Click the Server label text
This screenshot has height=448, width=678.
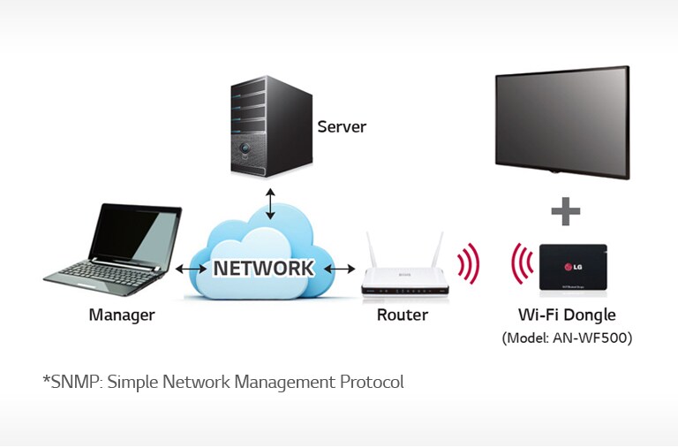pos(342,127)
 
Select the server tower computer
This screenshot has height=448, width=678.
pos(271,127)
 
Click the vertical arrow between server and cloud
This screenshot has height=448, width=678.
pos(271,202)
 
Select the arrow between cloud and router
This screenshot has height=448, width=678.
pos(339,268)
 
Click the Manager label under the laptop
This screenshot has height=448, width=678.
pos(122,315)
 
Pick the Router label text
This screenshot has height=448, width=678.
pos(402,315)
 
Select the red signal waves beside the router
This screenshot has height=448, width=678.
pos(468,263)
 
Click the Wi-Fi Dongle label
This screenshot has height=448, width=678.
pos(567,315)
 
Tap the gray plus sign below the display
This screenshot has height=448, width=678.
pos(565,211)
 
